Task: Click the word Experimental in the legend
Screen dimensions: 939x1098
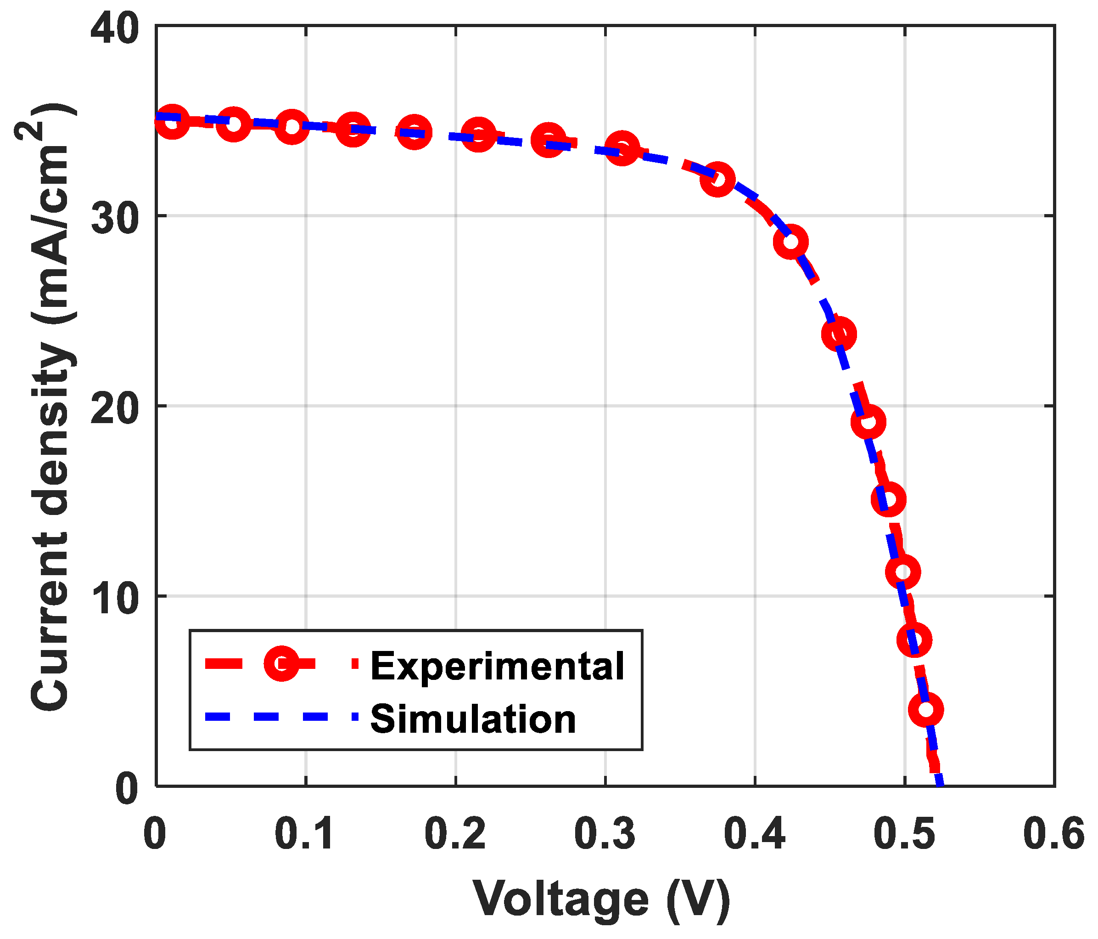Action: coord(497,666)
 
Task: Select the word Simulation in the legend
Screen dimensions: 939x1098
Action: coord(473,719)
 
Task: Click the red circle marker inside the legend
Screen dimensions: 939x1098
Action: coord(281,663)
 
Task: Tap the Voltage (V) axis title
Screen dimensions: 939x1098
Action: coord(601,898)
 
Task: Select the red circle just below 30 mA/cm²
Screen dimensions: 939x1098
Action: coord(790,242)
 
